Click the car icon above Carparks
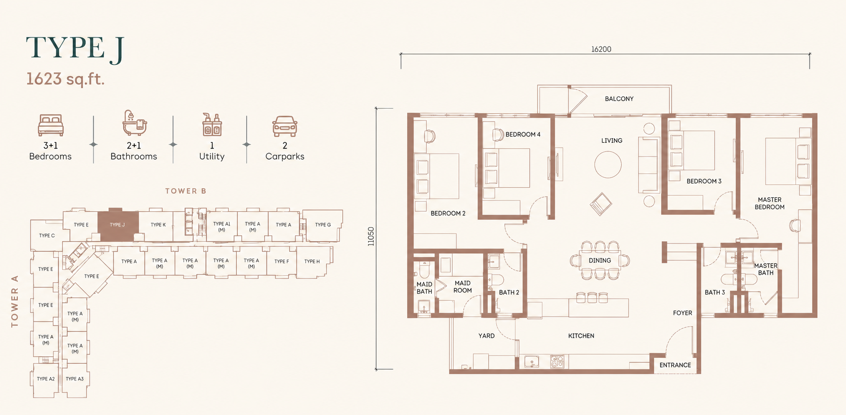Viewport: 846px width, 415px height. click(x=285, y=126)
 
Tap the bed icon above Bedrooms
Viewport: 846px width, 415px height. click(x=51, y=125)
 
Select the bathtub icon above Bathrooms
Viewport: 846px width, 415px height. click(x=134, y=123)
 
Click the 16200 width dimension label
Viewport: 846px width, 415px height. click(x=601, y=49)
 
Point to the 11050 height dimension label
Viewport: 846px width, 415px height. click(x=371, y=236)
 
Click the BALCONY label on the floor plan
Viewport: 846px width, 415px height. click(x=619, y=99)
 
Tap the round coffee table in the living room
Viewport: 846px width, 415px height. click(x=608, y=164)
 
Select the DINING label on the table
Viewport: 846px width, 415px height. click(x=600, y=260)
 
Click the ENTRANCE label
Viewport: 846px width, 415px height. click(x=675, y=365)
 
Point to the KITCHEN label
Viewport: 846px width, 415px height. click(x=581, y=336)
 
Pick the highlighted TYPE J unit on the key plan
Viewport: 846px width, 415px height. click(x=118, y=225)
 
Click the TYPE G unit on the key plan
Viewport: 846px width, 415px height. click(x=323, y=225)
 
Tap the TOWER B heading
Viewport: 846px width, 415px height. click(x=186, y=191)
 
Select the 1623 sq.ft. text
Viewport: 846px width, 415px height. click(x=65, y=79)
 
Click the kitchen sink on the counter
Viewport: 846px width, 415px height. click(x=532, y=362)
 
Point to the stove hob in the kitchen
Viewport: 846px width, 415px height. click(x=557, y=362)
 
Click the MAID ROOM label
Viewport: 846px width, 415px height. click(x=463, y=287)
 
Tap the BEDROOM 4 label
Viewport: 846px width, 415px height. click(x=523, y=135)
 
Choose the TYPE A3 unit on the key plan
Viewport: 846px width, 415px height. click(x=75, y=379)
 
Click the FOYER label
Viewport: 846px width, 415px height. click(x=682, y=313)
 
